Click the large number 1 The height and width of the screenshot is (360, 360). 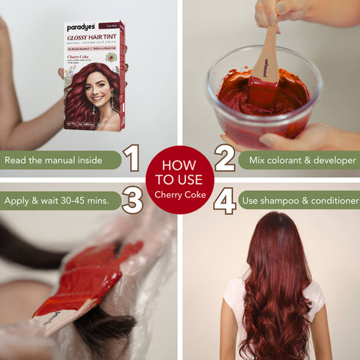132,158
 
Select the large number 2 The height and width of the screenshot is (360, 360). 225,158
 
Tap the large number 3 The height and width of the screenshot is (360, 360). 132,200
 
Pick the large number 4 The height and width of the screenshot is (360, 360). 225,200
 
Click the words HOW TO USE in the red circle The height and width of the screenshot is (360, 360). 179,173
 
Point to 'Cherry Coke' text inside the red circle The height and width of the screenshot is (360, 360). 179,195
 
